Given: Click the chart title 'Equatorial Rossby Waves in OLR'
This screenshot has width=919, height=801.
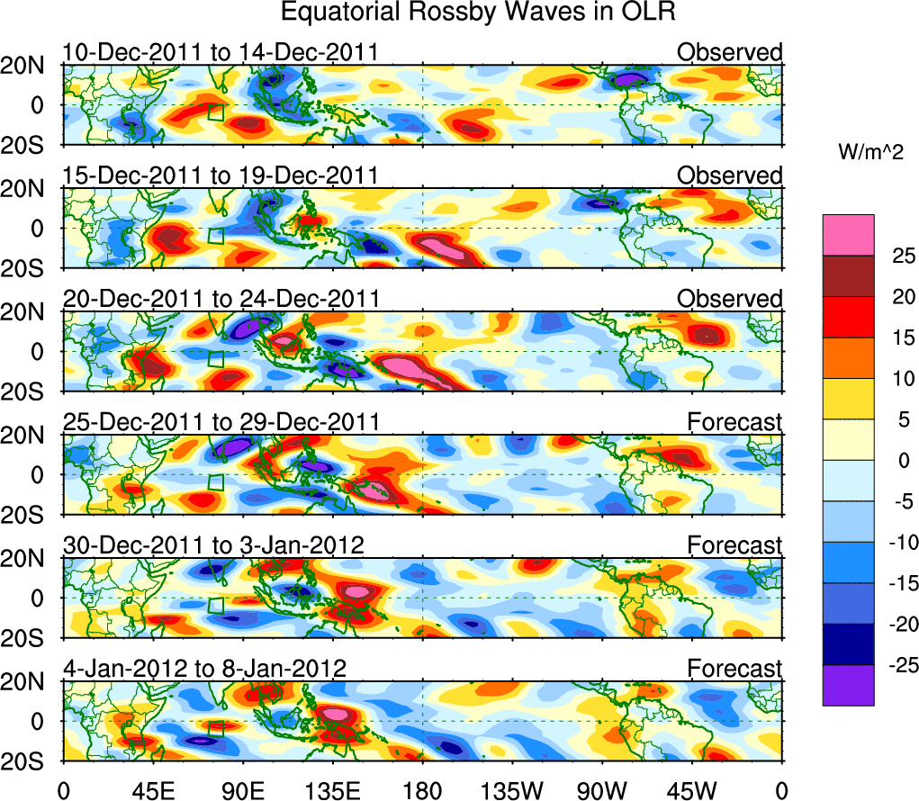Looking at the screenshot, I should point(478,13).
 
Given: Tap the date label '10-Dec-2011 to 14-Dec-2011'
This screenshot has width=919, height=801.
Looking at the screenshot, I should point(220,52).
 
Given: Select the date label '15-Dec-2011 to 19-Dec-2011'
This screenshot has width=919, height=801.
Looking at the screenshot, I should point(220,175).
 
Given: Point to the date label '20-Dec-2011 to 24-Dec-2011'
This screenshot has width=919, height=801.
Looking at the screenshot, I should point(220,298).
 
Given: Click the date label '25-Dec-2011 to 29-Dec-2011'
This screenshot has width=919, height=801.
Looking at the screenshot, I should point(220,421).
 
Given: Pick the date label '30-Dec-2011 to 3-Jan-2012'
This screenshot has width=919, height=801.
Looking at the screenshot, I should point(212,544).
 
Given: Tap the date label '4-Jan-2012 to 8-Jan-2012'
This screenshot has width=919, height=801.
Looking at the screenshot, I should point(205,668).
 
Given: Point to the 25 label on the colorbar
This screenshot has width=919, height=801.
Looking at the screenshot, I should point(896,256).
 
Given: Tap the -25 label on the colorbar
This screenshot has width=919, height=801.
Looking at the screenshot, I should point(893,664).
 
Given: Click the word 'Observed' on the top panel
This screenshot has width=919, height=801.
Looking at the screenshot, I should point(730,52).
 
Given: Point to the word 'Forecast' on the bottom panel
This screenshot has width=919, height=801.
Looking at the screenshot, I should point(735,668).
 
